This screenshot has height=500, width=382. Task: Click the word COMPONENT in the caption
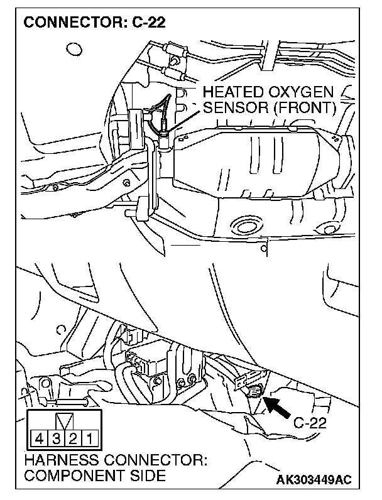(70, 476)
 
